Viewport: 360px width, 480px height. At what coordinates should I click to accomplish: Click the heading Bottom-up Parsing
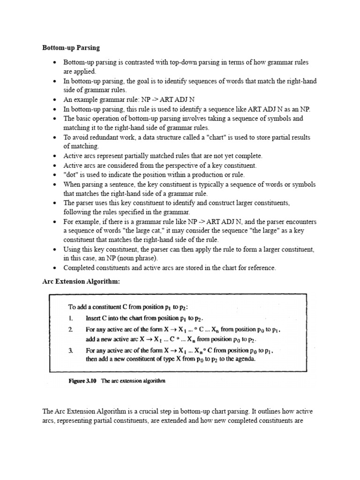click(x=71, y=48)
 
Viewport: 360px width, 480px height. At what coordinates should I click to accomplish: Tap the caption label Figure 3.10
click(x=82, y=381)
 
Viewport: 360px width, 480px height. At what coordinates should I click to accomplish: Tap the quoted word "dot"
click(x=72, y=174)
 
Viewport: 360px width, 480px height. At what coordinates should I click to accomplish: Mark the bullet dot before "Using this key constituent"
click(x=55, y=249)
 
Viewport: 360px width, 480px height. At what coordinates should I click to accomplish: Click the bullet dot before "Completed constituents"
click(x=55, y=268)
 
